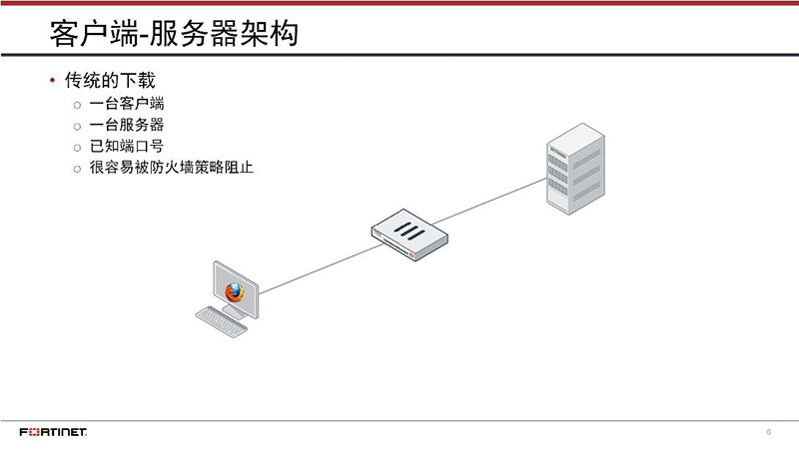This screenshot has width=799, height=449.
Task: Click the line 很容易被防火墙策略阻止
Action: [171, 168]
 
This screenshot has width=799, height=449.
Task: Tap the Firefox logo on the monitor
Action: [235, 292]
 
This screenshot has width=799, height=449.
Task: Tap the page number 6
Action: [768, 432]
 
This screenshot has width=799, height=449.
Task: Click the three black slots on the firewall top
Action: [408, 228]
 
